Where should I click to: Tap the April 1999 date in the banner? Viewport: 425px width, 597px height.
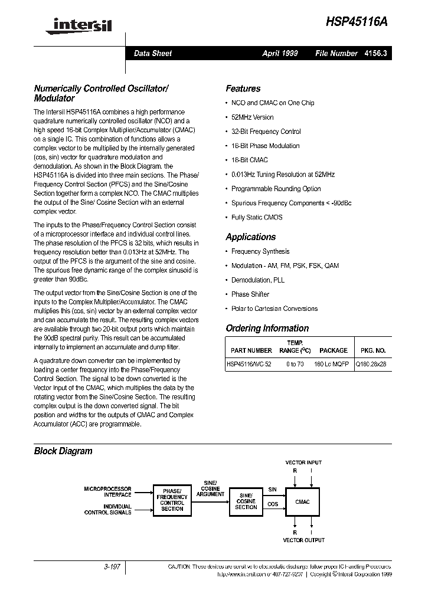[280, 53]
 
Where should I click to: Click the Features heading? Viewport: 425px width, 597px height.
[243, 88]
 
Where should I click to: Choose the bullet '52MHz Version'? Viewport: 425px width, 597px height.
[252, 117]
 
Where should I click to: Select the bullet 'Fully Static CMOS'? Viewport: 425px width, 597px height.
[257, 217]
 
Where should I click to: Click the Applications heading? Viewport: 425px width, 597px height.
[250, 237]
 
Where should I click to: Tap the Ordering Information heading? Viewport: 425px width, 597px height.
[267, 328]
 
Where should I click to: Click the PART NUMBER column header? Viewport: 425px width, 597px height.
[251, 350]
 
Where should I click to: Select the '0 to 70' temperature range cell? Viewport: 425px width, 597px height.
[295, 365]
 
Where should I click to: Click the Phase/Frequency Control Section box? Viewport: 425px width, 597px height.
[172, 499]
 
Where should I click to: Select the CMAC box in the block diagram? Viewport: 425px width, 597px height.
[302, 501]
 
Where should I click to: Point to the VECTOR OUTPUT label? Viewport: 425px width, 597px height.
[303, 540]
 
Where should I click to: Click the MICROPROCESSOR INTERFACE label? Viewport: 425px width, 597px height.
[107, 493]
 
